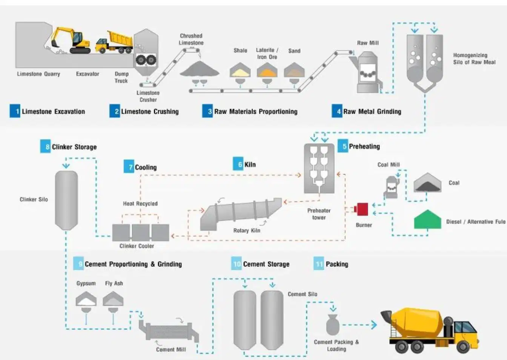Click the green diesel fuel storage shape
pyautogui.click(x=427, y=219)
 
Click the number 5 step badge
pyautogui.click(x=343, y=146)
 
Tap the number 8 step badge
pyautogui.click(x=46, y=147)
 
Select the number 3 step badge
pyautogui.click(x=207, y=111)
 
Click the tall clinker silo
pyautogui.click(x=66, y=200)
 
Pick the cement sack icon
pyautogui.click(x=333, y=325)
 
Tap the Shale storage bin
pyautogui.click(x=240, y=70)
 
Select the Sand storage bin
pyautogui.click(x=294, y=70)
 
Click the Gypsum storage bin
pyautogui.click(x=86, y=299)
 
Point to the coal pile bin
pyautogui.click(x=427, y=183)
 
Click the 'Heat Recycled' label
pyautogui.click(x=140, y=204)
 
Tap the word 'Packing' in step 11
pyautogui.click(x=337, y=264)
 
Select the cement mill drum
pyautogui.click(x=169, y=331)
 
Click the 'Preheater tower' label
pyautogui.click(x=319, y=214)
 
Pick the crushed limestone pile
pyautogui.click(x=200, y=69)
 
